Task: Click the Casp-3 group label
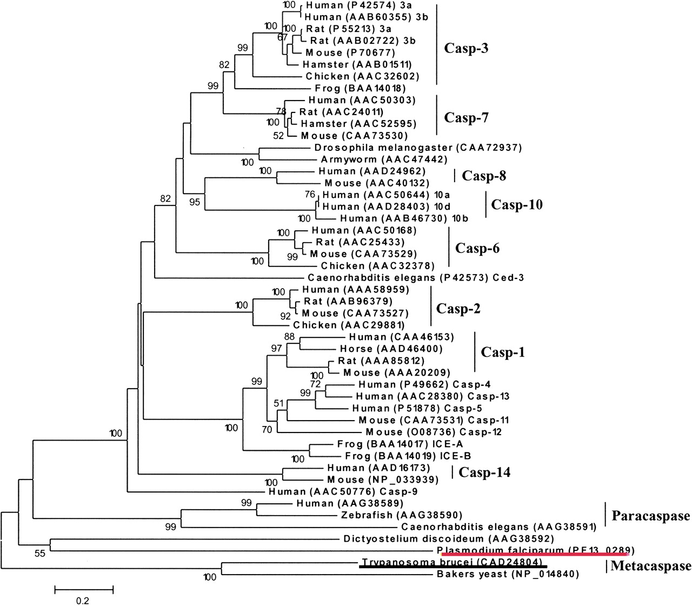[x=465, y=48]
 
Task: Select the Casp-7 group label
[x=465, y=117]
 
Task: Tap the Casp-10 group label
[x=516, y=205]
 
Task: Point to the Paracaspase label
[x=650, y=516]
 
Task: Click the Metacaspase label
[x=651, y=566]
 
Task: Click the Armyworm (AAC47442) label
[x=384, y=159]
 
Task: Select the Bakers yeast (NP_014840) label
[x=508, y=575]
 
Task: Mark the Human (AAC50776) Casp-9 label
[x=343, y=492]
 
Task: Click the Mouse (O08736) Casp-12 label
[x=434, y=432]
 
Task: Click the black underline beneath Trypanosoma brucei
[x=453, y=567]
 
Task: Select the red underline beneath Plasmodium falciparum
[x=534, y=554]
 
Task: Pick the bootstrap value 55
[x=40, y=553]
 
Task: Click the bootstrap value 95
[x=195, y=202]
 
